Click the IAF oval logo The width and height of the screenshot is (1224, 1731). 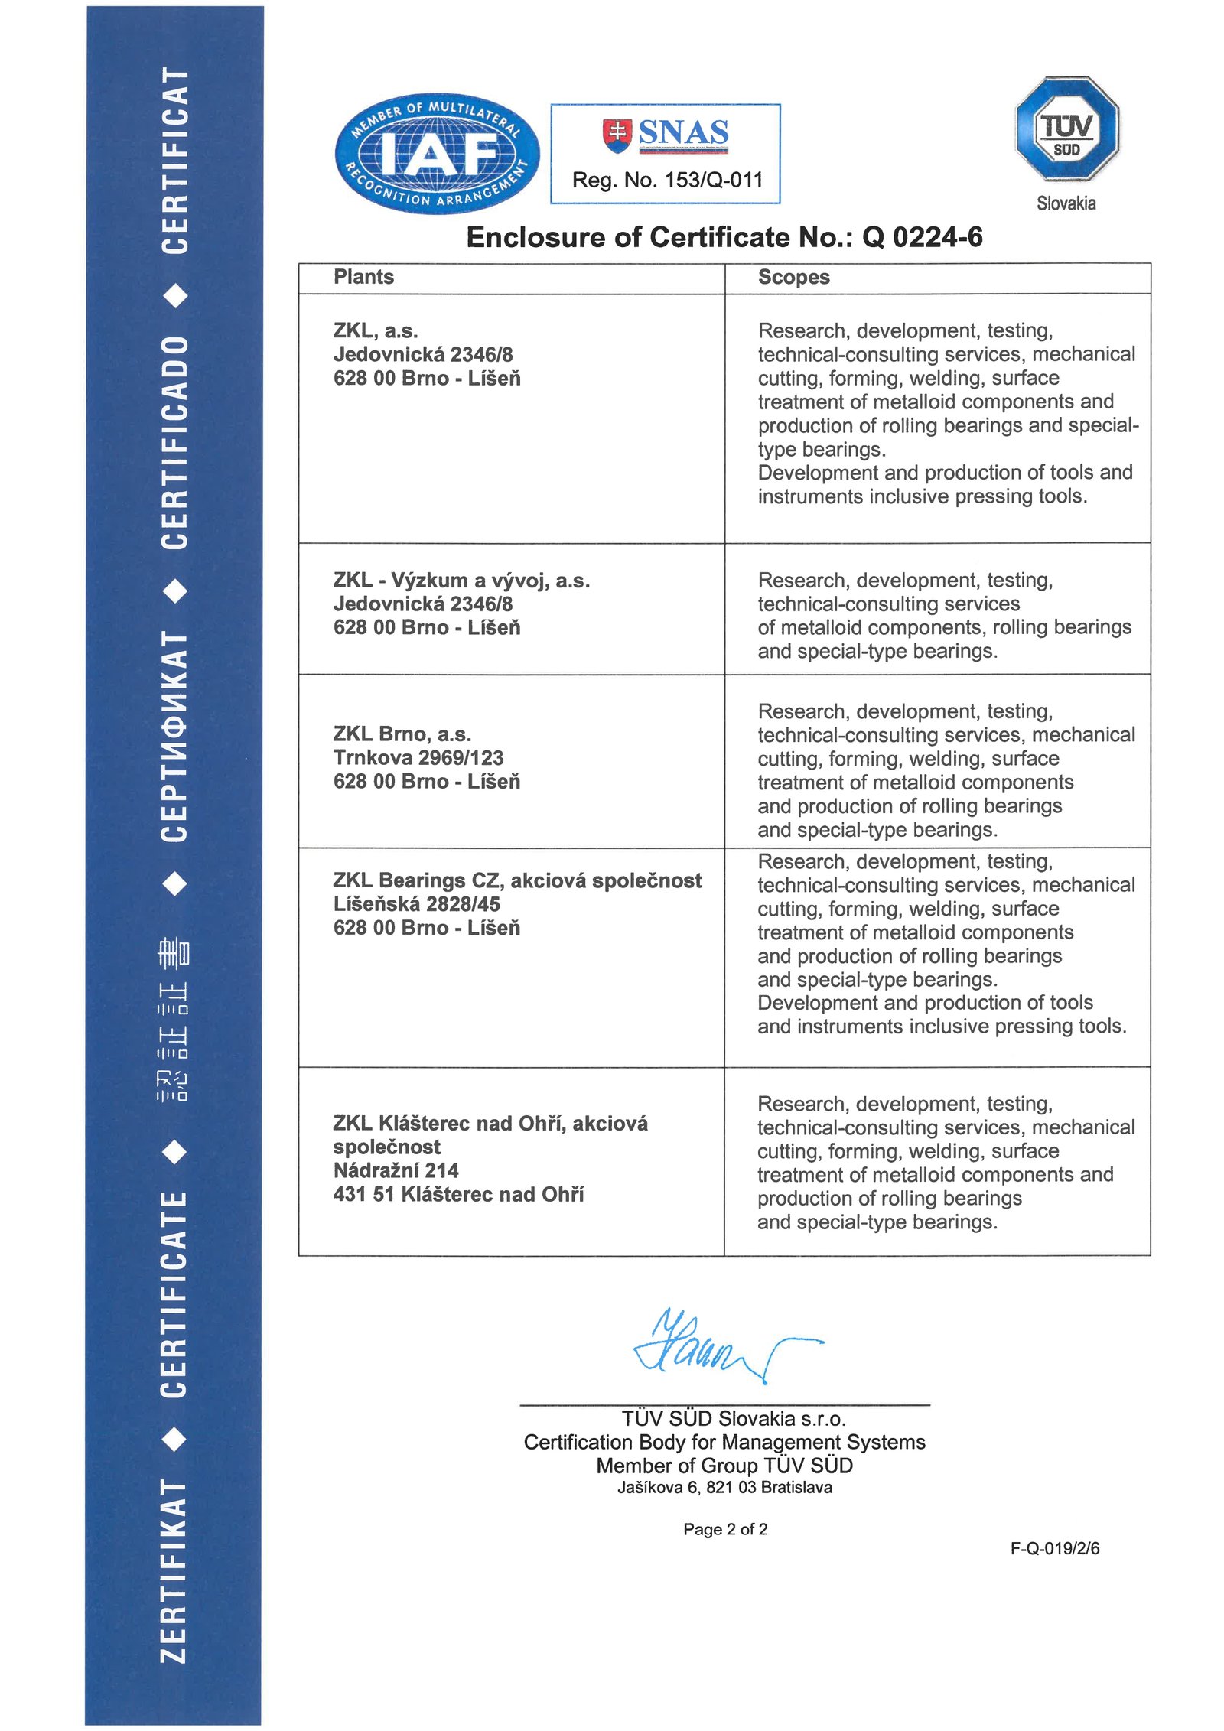pos(437,154)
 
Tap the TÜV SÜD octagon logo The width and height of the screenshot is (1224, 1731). pos(1066,129)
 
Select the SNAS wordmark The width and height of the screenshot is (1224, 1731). pos(682,133)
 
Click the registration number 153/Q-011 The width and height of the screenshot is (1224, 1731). pos(713,181)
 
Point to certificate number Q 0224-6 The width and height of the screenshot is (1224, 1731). pos(922,238)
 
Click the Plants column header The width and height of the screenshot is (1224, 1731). pos(363,277)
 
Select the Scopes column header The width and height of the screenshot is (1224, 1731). pos(793,277)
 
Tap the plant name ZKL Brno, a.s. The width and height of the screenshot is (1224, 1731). pos(402,734)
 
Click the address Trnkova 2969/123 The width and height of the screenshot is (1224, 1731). pos(418,758)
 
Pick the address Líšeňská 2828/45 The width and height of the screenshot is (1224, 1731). pos(416,904)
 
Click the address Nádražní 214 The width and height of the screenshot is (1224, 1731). pos(396,1170)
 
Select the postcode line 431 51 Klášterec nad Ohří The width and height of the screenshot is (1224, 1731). pos(458,1194)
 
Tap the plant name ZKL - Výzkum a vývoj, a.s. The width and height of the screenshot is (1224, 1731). pos(461,581)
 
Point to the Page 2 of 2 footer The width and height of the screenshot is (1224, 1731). pos(725,1529)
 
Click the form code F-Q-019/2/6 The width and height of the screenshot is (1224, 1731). pos(1055,1548)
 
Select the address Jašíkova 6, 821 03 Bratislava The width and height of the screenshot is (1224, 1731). pos(724,1488)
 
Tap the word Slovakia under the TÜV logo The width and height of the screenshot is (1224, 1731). pos(1066,203)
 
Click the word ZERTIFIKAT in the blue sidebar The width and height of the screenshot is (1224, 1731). pos(174,1571)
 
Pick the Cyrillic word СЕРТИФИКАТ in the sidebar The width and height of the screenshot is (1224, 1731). pos(174,736)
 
